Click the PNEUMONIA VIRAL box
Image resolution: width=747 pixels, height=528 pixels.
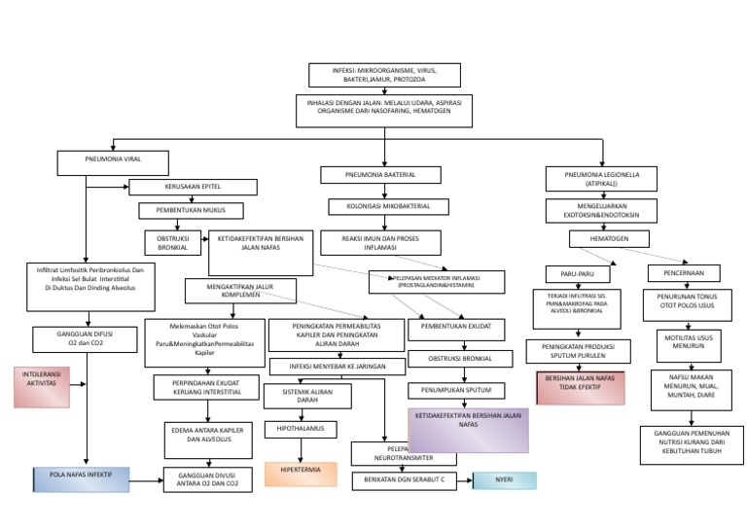point(113,161)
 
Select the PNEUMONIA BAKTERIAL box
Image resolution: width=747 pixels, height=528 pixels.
point(380,175)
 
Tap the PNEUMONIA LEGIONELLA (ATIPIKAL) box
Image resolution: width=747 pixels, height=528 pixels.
point(603,178)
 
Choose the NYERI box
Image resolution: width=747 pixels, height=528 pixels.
point(504,480)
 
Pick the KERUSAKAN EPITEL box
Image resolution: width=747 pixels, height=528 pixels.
point(193,188)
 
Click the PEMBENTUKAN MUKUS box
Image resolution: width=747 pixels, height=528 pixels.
point(192,210)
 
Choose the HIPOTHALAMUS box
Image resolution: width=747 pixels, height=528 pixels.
point(300,428)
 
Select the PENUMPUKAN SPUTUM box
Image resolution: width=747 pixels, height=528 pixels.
point(455,391)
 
